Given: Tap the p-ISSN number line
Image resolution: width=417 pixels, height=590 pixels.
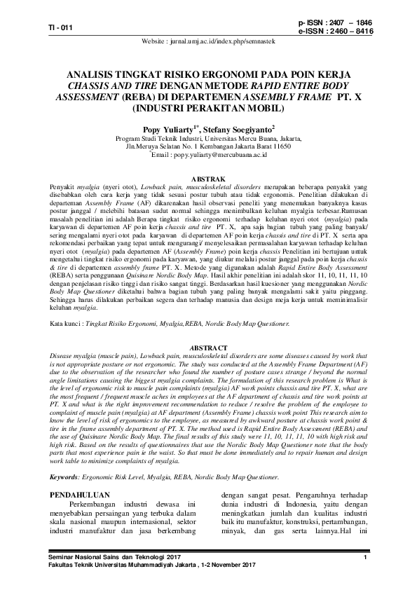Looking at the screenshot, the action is (x=335, y=23).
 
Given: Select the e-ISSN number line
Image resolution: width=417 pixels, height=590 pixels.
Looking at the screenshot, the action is (x=335, y=32).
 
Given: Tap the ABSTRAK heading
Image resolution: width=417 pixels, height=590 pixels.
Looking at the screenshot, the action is (x=208, y=179).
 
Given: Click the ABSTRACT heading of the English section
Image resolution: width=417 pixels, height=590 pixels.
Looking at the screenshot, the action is (x=208, y=348).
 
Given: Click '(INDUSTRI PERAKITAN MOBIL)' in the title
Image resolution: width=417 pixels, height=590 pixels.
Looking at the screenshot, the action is (x=208, y=109).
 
